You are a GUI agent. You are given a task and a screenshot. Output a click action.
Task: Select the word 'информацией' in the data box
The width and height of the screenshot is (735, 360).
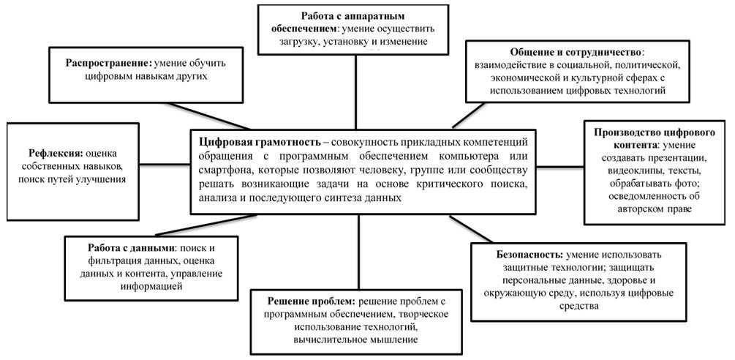pos(151,285)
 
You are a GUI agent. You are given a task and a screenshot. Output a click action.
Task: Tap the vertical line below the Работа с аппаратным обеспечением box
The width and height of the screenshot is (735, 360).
pos(355,92)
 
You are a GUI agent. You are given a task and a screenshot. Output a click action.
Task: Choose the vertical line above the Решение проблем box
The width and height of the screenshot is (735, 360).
pos(358,252)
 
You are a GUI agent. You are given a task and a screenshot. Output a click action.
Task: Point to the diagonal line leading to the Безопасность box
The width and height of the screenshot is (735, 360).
pos(471,229)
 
